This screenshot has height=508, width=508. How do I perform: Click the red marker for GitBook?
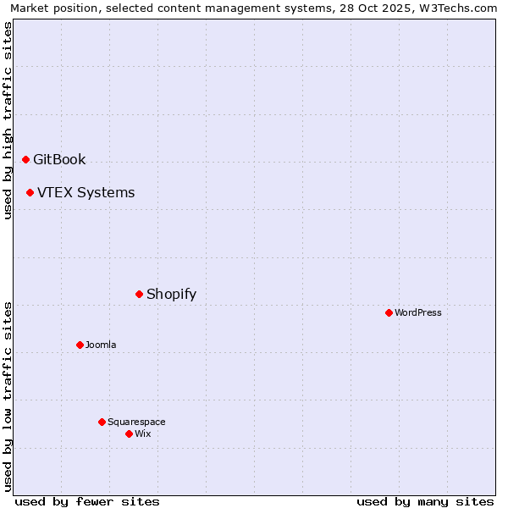[25, 159]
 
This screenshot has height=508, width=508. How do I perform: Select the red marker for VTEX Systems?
[30, 192]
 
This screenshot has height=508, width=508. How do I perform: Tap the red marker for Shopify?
[139, 294]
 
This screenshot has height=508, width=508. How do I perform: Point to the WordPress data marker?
[389, 312]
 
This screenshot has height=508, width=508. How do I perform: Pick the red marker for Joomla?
[80, 345]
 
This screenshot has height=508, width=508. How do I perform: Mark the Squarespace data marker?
[102, 422]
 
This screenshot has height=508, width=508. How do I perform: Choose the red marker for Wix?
[129, 433]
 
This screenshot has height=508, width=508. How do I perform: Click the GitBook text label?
[59, 159]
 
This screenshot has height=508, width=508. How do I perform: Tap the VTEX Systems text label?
[86, 192]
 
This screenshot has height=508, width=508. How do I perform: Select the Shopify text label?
[171, 294]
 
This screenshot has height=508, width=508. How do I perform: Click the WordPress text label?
[418, 312]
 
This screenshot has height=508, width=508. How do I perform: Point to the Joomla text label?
[101, 345]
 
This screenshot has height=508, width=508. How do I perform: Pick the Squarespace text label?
[136, 422]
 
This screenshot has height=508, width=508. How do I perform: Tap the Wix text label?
[142, 433]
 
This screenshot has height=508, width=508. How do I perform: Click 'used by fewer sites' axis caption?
[87, 501]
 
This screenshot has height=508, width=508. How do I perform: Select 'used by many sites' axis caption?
[425, 501]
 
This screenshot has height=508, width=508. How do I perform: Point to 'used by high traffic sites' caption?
[8, 120]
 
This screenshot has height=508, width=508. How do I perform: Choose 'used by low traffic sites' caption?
[8, 395]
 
